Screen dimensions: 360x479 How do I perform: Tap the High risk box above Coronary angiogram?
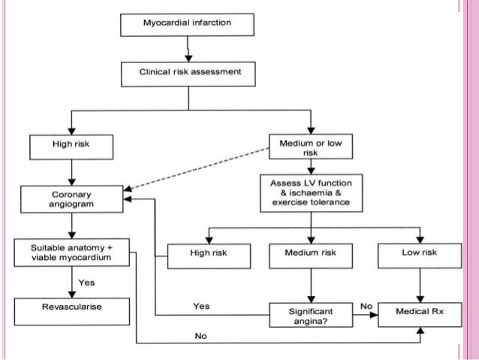click(71, 146)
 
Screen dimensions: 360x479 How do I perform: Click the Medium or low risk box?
click(310, 146)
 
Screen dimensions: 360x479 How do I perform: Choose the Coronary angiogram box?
click(71, 198)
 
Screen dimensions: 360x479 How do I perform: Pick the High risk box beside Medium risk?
click(209, 253)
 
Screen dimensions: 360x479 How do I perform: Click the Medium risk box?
click(310, 253)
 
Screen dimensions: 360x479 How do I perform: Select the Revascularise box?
click(71, 307)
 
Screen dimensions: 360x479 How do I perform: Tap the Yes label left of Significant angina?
click(201, 307)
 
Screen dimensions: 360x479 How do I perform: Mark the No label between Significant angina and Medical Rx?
click(365, 306)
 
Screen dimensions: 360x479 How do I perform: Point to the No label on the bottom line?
click(200, 336)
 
